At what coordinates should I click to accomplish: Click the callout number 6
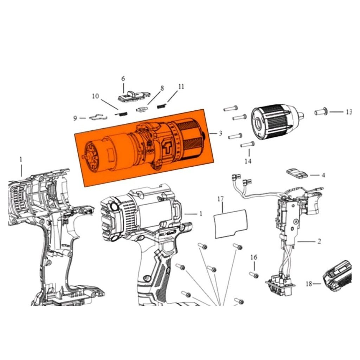pyautogui.click(x=123, y=79)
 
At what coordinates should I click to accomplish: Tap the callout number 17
pyautogui.click(x=220, y=199)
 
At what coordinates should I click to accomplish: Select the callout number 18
pyautogui.click(x=309, y=284)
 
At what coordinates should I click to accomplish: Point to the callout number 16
pyautogui.click(x=254, y=257)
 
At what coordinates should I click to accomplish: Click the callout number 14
pyautogui.click(x=248, y=161)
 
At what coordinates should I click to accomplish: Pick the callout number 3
pyautogui.click(x=220, y=133)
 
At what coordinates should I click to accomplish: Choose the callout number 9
pyautogui.click(x=75, y=118)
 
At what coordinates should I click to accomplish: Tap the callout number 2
pyautogui.click(x=319, y=241)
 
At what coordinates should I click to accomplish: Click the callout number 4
pyautogui.click(x=323, y=175)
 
